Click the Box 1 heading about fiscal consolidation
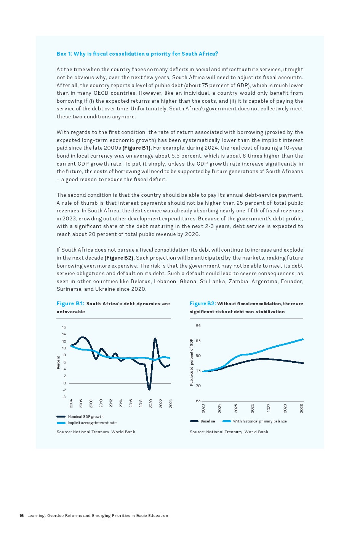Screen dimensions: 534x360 [137, 54]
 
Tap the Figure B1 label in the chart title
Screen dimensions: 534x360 [70, 303]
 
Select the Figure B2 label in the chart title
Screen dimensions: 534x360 [203, 303]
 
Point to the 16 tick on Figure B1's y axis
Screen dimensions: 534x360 [64, 327]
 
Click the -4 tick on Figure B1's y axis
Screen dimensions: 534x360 [64, 397]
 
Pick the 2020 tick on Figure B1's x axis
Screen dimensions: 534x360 [151, 403]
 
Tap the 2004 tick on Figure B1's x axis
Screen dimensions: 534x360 [71, 403]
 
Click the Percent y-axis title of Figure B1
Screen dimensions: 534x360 [58, 362]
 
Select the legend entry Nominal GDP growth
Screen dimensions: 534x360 [85, 416]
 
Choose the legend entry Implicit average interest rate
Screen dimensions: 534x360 [92, 422]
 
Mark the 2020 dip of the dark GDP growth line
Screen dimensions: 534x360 [149, 389]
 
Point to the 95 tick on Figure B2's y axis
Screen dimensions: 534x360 [198, 325]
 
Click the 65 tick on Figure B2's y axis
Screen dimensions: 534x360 [198, 401]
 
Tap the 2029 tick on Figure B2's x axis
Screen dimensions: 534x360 [302, 408]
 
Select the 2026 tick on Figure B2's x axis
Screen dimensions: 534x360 [253, 408]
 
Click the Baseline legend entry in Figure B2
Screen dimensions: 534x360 [208, 421]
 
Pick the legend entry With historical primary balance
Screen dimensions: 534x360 [259, 421]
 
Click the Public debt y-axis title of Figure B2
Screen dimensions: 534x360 [191, 362]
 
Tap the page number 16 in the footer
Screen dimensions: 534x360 [21, 515]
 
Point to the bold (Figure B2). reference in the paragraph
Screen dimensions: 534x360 [120, 258]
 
